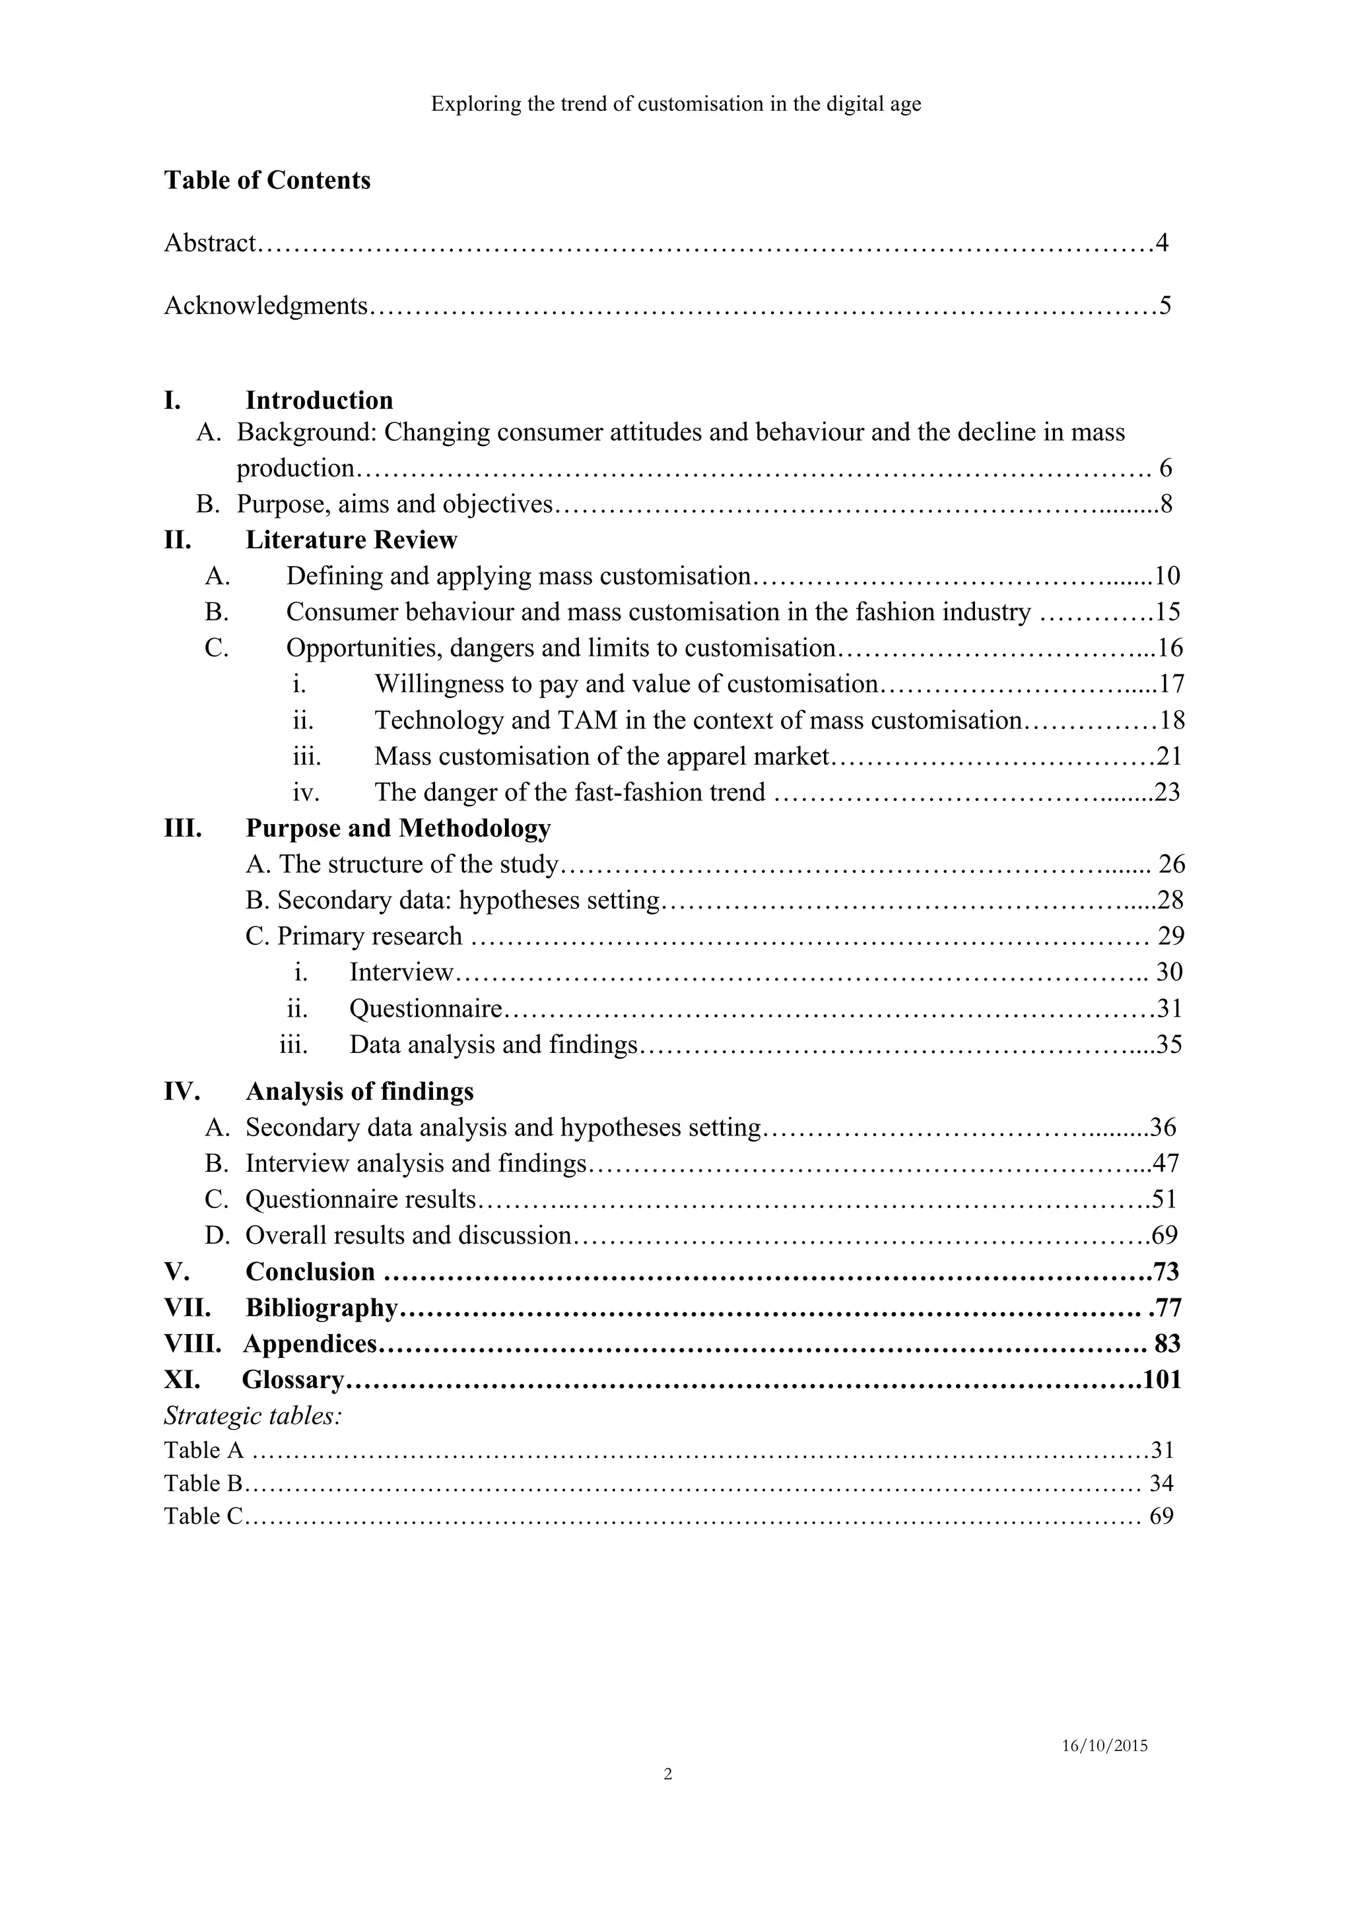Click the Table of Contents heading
[267, 180]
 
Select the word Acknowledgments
[265, 305]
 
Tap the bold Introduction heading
[319, 400]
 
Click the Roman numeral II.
[177, 540]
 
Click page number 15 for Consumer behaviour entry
[1168, 612]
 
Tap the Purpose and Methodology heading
[398, 828]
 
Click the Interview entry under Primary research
[401, 972]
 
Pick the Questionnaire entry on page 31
[426, 1009]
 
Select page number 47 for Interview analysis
[1165, 1163]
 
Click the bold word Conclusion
[310, 1271]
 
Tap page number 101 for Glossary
[1162, 1380]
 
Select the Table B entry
[203, 1483]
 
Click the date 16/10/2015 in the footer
[1104, 1746]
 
